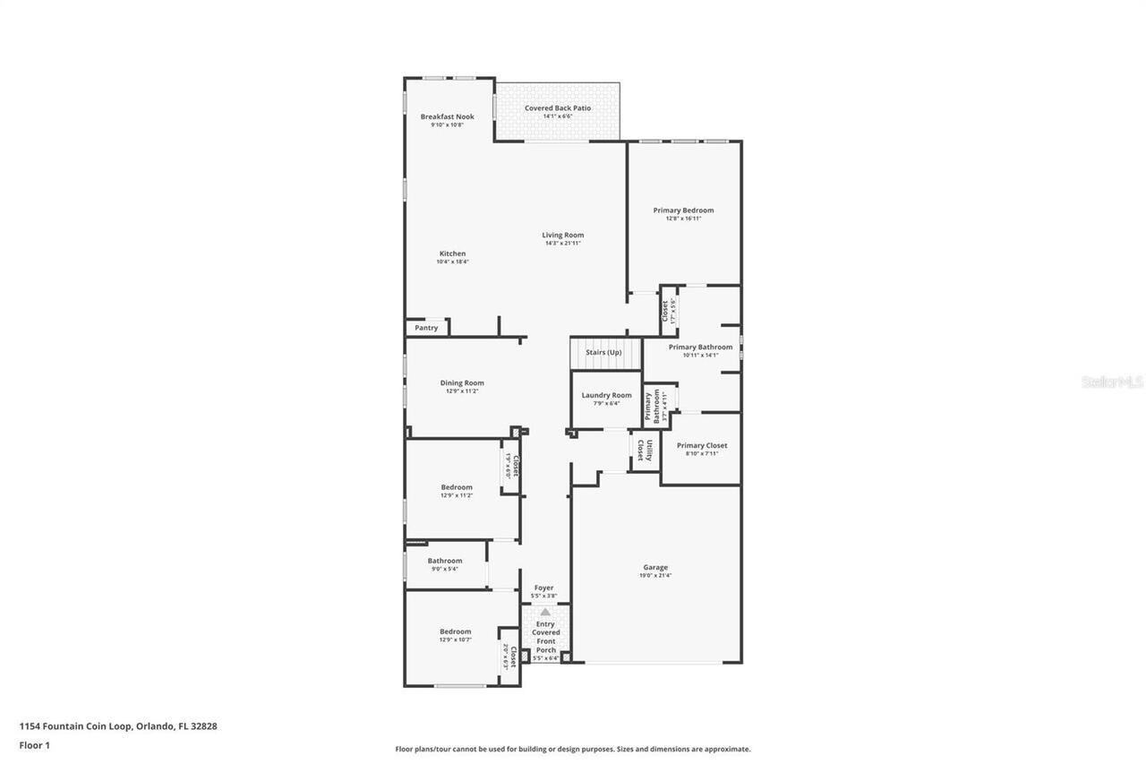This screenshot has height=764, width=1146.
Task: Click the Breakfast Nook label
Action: (x=447, y=116)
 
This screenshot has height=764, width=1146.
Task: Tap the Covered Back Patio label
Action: (x=557, y=108)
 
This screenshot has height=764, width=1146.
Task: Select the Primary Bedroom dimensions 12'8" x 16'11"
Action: (x=683, y=219)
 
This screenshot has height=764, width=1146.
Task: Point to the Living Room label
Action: (x=562, y=236)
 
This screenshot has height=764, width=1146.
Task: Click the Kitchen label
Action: (x=451, y=253)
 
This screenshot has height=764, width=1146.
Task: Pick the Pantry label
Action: (x=426, y=328)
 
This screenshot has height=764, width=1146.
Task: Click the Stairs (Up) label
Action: (x=603, y=353)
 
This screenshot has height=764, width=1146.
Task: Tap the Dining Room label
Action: (x=462, y=383)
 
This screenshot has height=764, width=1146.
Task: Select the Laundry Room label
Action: (x=606, y=395)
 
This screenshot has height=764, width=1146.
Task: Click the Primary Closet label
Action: (x=702, y=445)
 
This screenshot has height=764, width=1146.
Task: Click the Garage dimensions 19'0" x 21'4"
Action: (x=654, y=576)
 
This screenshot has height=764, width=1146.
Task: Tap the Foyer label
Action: (x=543, y=588)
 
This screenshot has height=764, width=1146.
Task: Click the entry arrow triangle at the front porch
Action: (x=545, y=612)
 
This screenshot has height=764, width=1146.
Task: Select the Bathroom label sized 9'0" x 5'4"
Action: (x=444, y=561)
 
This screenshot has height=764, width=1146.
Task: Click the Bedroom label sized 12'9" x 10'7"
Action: (x=455, y=631)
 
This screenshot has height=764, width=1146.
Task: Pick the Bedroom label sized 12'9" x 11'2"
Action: (x=456, y=487)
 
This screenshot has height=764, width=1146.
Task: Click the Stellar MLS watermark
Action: (x=1112, y=382)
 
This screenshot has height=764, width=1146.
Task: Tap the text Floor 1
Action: (x=34, y=744)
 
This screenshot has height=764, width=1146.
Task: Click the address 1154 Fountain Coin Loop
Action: (x=76, y=726)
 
